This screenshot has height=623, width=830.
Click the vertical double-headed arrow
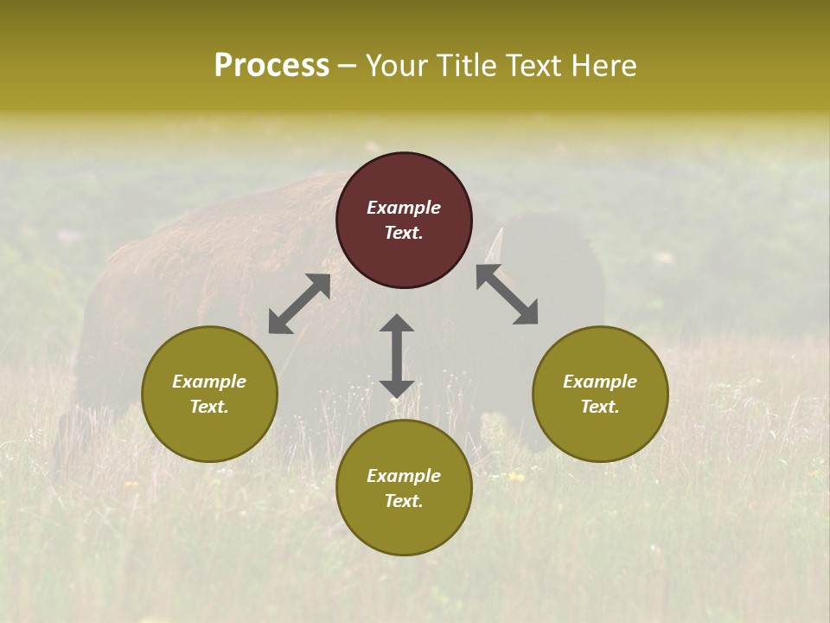(397, 356)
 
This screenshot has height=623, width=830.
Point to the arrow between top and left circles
(299, 304)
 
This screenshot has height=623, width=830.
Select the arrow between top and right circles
(507, 294)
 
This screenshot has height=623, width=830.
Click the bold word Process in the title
(271, 65)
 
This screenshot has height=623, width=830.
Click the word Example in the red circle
(404, 208)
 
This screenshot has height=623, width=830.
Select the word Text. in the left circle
(209, 407)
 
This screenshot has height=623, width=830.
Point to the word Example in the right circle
(600, 382)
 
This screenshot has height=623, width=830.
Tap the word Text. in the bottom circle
(404, 501)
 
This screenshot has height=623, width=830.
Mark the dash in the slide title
(347, 66)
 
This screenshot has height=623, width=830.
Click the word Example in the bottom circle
(404, 476)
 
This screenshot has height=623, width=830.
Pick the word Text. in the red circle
(404, 233)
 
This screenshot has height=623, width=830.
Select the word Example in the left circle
(209, 382)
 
